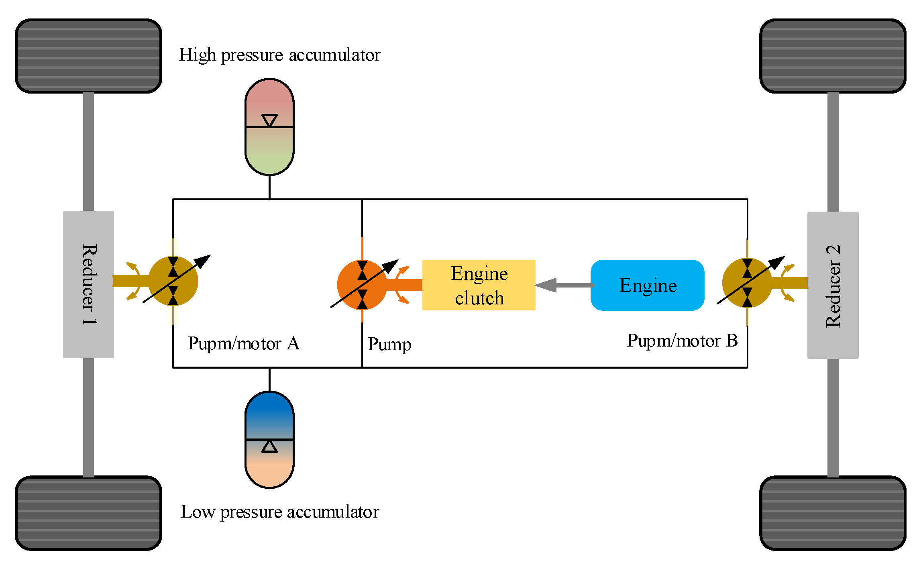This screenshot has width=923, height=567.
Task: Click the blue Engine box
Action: (x=647, y=285)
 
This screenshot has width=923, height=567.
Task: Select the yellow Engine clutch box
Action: (x=479, y=285)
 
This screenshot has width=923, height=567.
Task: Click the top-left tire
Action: (x=88, y=56)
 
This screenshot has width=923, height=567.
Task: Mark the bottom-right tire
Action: (x=833, y=513)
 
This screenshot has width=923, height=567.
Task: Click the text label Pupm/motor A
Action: (x=243, y=344)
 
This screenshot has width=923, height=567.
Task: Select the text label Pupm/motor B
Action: (x=682, y=341)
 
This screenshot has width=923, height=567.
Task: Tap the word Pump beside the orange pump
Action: (x=389, y=345)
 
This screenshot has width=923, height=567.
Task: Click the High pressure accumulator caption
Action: (x=279, y=55)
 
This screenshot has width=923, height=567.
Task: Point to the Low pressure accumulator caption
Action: (x=279, y=512)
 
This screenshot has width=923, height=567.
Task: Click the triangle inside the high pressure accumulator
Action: (x=269, y=120)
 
